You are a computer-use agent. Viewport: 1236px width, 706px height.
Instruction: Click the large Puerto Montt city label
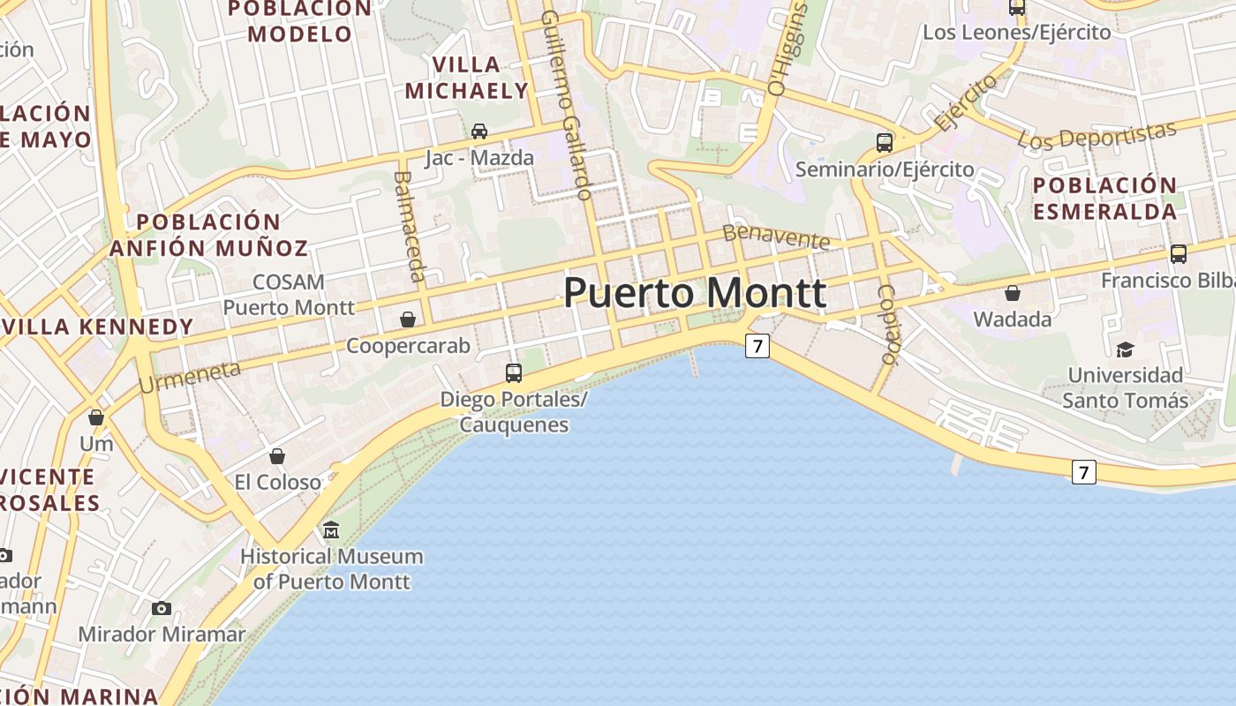click(695, 293)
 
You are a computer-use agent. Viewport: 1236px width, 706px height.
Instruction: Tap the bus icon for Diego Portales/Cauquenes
click(514, 373)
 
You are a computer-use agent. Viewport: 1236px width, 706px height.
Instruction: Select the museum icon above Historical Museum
click(331, 530)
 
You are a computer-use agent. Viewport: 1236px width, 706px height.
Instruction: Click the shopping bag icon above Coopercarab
click(408, 319)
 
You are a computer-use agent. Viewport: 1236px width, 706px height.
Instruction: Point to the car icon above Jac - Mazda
click(479, 131)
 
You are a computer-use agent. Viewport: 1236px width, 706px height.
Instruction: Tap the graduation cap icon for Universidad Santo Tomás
click(1125, 349)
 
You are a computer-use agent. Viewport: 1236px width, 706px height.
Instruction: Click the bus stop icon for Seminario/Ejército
click(885, 142)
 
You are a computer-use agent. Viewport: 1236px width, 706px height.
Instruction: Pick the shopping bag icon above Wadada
click(1013, 293)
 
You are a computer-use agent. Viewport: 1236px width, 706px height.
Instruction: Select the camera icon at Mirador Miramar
click(161, 608)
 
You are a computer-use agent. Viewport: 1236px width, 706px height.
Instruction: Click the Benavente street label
click(776, 237)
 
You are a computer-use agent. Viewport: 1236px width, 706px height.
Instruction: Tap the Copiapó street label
click(890, 324)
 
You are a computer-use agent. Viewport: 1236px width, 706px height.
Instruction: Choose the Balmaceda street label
click(408, 226)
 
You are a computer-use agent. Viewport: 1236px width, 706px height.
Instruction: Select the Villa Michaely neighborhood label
click(466, 78)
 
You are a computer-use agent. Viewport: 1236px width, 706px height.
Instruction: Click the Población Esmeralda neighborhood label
click(1104, 199)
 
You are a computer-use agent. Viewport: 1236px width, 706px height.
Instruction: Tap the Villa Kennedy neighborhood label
click(97, 327)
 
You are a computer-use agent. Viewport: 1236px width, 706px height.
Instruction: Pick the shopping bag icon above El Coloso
click(277, 456)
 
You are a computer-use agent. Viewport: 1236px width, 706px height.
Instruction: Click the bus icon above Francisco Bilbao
click(1178, 254)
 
